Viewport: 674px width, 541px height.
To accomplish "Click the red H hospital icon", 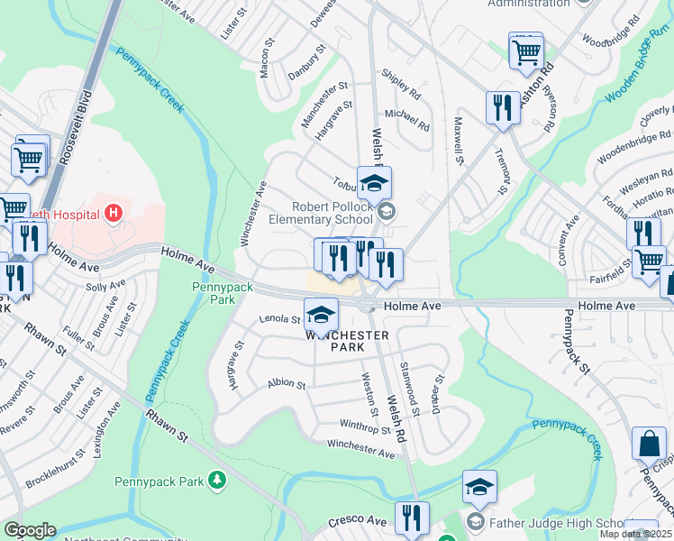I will coord(114,214).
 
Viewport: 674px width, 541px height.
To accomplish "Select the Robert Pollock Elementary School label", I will coord(321,212).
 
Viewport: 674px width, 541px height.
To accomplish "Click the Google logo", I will coord(31,530).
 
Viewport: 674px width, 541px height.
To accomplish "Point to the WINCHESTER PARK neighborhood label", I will coord(347,341).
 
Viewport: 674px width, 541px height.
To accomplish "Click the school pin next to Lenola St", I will coord(321,315).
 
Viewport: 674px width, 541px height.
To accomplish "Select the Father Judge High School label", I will coord(559,522).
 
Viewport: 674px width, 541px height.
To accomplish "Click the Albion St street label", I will coord(287,383).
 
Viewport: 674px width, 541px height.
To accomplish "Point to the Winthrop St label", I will coord(364,426).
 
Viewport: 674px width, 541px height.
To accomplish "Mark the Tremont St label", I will coord(503,170).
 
